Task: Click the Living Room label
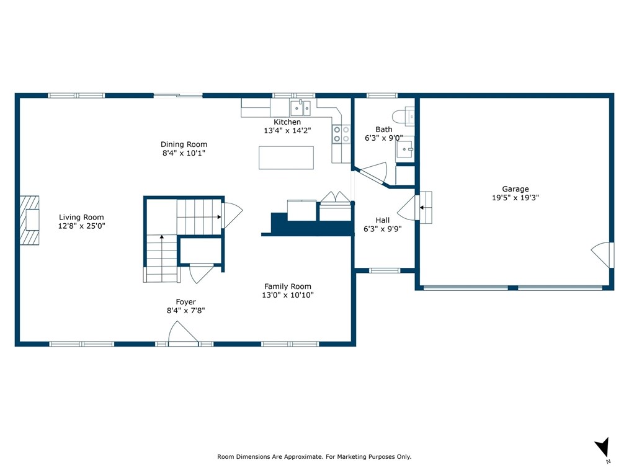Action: point(81,218)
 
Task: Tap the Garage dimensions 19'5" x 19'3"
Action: point(515,197)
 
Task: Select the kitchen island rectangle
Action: point(286,157)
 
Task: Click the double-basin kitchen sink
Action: point(300,108)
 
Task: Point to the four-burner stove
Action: point(341,134)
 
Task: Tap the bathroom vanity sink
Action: point(404,149)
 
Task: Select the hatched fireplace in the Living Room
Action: point(30,220)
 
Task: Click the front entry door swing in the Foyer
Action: point(183,333)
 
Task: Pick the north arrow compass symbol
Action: point(602,448)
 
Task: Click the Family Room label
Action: point(288,286)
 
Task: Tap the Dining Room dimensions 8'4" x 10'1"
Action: point(184,153)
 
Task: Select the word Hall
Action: point(382,220)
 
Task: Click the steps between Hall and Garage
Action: point(426,207)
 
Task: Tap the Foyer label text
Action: point(185,302)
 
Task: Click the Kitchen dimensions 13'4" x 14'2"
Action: point(287,130)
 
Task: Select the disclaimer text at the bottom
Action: point(314,456)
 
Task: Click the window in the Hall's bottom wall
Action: point(385,271)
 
